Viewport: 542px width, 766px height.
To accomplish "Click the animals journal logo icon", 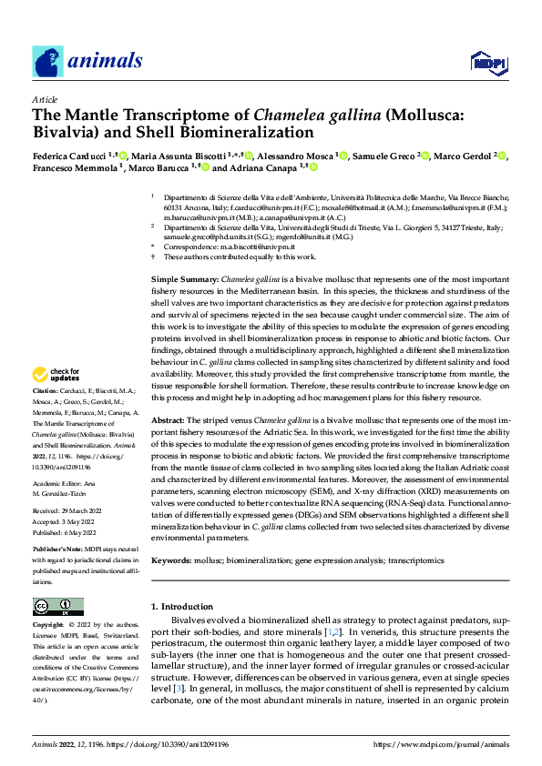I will [46, 62].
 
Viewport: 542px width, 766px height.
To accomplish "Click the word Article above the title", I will [44, 99].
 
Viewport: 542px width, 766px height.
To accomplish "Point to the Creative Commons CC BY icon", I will [57, 606].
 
